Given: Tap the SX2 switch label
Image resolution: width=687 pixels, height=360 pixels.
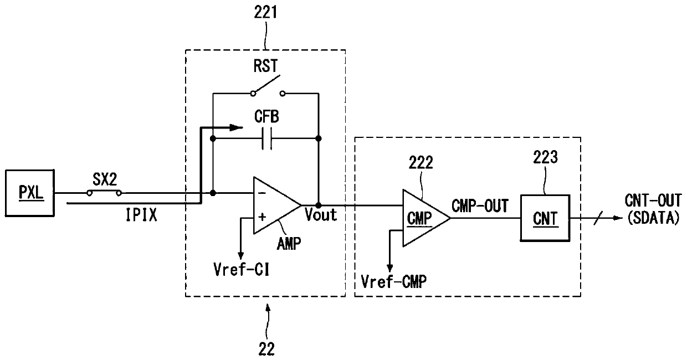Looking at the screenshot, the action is [105, 179].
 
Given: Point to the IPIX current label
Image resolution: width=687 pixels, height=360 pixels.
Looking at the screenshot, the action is [141, 215].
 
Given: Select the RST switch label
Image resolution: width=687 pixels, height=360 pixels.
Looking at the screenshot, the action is [265, 66].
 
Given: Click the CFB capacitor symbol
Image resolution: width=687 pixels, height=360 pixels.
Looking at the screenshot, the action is [267, 138].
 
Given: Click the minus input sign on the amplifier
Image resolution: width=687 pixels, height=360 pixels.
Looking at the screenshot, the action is [262, 193].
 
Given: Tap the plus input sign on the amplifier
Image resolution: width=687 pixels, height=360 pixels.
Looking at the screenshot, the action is [262, 217].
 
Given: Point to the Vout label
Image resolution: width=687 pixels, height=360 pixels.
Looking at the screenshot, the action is [321, 215].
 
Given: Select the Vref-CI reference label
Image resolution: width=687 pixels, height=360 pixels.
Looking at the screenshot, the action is [242, 270].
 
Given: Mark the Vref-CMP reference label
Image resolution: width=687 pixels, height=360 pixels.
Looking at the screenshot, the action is [394, 281].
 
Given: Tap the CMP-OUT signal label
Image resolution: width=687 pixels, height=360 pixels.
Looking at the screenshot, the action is [480, 206].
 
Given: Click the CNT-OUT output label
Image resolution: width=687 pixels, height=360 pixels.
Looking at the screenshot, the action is [653, 201].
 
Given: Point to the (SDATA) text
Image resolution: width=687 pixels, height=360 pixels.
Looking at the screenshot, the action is [653, 218].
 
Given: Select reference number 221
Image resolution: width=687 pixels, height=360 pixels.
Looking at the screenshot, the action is [265, 13].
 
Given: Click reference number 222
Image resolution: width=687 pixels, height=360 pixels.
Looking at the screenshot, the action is [421, 162].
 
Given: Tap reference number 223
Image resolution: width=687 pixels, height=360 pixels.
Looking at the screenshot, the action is [545, 157].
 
